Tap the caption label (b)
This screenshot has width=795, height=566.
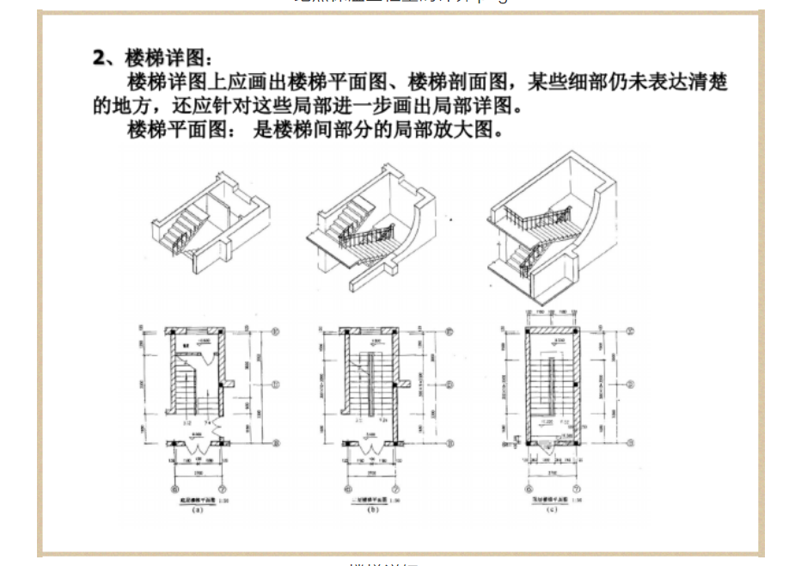tap(372, 509)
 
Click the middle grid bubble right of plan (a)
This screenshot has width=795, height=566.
tap(277, 385)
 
